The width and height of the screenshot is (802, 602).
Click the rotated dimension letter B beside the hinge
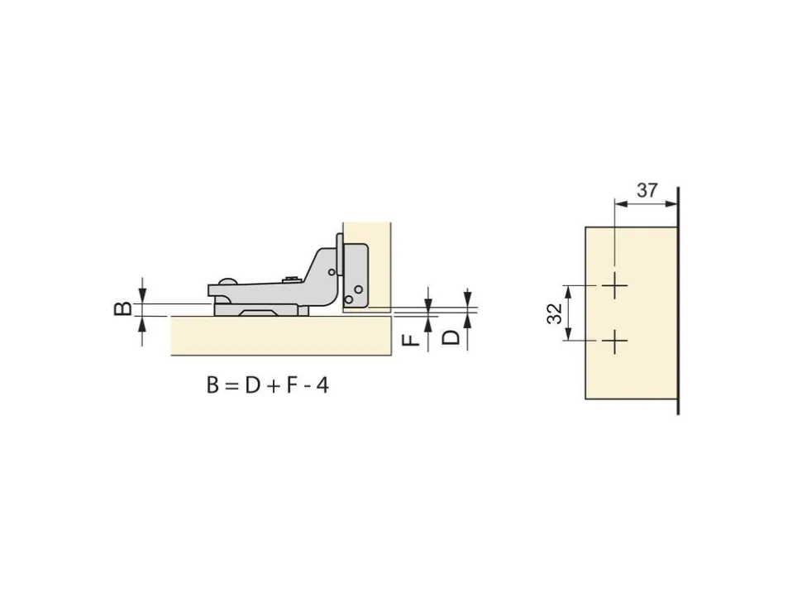(x=122, y=309)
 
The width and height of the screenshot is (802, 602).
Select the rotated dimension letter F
(x=411, y=340)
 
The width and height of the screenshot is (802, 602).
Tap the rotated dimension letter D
(x=451, y=337)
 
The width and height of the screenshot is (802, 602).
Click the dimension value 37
(x=647, y=190)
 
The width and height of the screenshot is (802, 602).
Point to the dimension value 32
(x=555, y=313)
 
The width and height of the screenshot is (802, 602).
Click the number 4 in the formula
(x=322, y=385)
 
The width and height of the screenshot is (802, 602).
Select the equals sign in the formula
(x=232, y=386)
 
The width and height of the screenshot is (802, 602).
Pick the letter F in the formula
(x=292, y=385)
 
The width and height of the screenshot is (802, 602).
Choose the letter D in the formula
(x=253, y=385)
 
